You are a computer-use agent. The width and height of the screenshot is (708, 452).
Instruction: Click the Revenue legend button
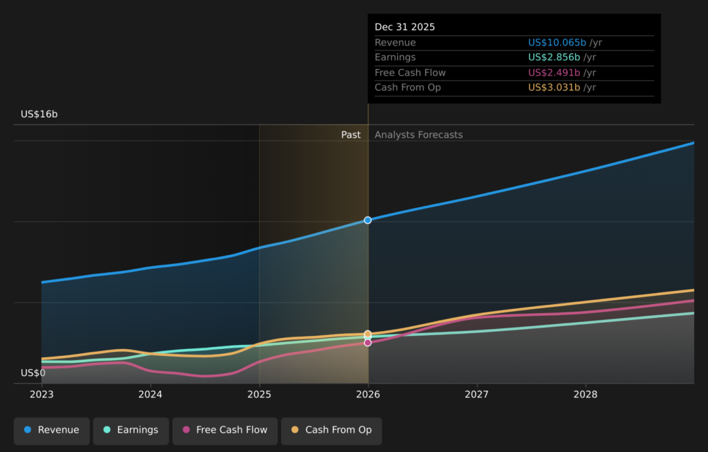52,430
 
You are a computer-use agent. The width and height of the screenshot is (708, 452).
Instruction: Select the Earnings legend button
131,430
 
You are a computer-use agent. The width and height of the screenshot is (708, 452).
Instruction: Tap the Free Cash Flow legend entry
225,430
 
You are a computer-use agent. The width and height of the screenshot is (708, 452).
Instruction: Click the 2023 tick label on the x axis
41,394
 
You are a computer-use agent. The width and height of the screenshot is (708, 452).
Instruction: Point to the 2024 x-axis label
150,394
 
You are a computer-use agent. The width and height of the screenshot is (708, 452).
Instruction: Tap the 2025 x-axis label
259,394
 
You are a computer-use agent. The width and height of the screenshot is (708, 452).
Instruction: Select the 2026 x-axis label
368,394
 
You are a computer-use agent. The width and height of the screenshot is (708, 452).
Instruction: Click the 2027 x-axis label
476,394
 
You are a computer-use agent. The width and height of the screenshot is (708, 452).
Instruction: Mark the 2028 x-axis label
586,394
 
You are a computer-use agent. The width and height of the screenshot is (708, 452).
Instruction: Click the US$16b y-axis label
39,114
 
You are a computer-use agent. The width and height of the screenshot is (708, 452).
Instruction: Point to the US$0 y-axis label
33,373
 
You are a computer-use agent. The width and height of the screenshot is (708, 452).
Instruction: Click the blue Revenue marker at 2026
368,220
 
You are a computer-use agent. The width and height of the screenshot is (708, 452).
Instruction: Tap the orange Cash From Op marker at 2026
368,334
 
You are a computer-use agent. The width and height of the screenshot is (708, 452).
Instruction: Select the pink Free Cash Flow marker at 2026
368,343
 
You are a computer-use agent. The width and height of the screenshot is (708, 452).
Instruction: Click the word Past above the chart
351,135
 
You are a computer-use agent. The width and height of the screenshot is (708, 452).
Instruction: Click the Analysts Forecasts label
418,135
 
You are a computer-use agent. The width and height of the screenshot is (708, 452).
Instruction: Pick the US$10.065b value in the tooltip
557,43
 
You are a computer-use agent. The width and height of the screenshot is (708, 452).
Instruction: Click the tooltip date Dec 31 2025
405,27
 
